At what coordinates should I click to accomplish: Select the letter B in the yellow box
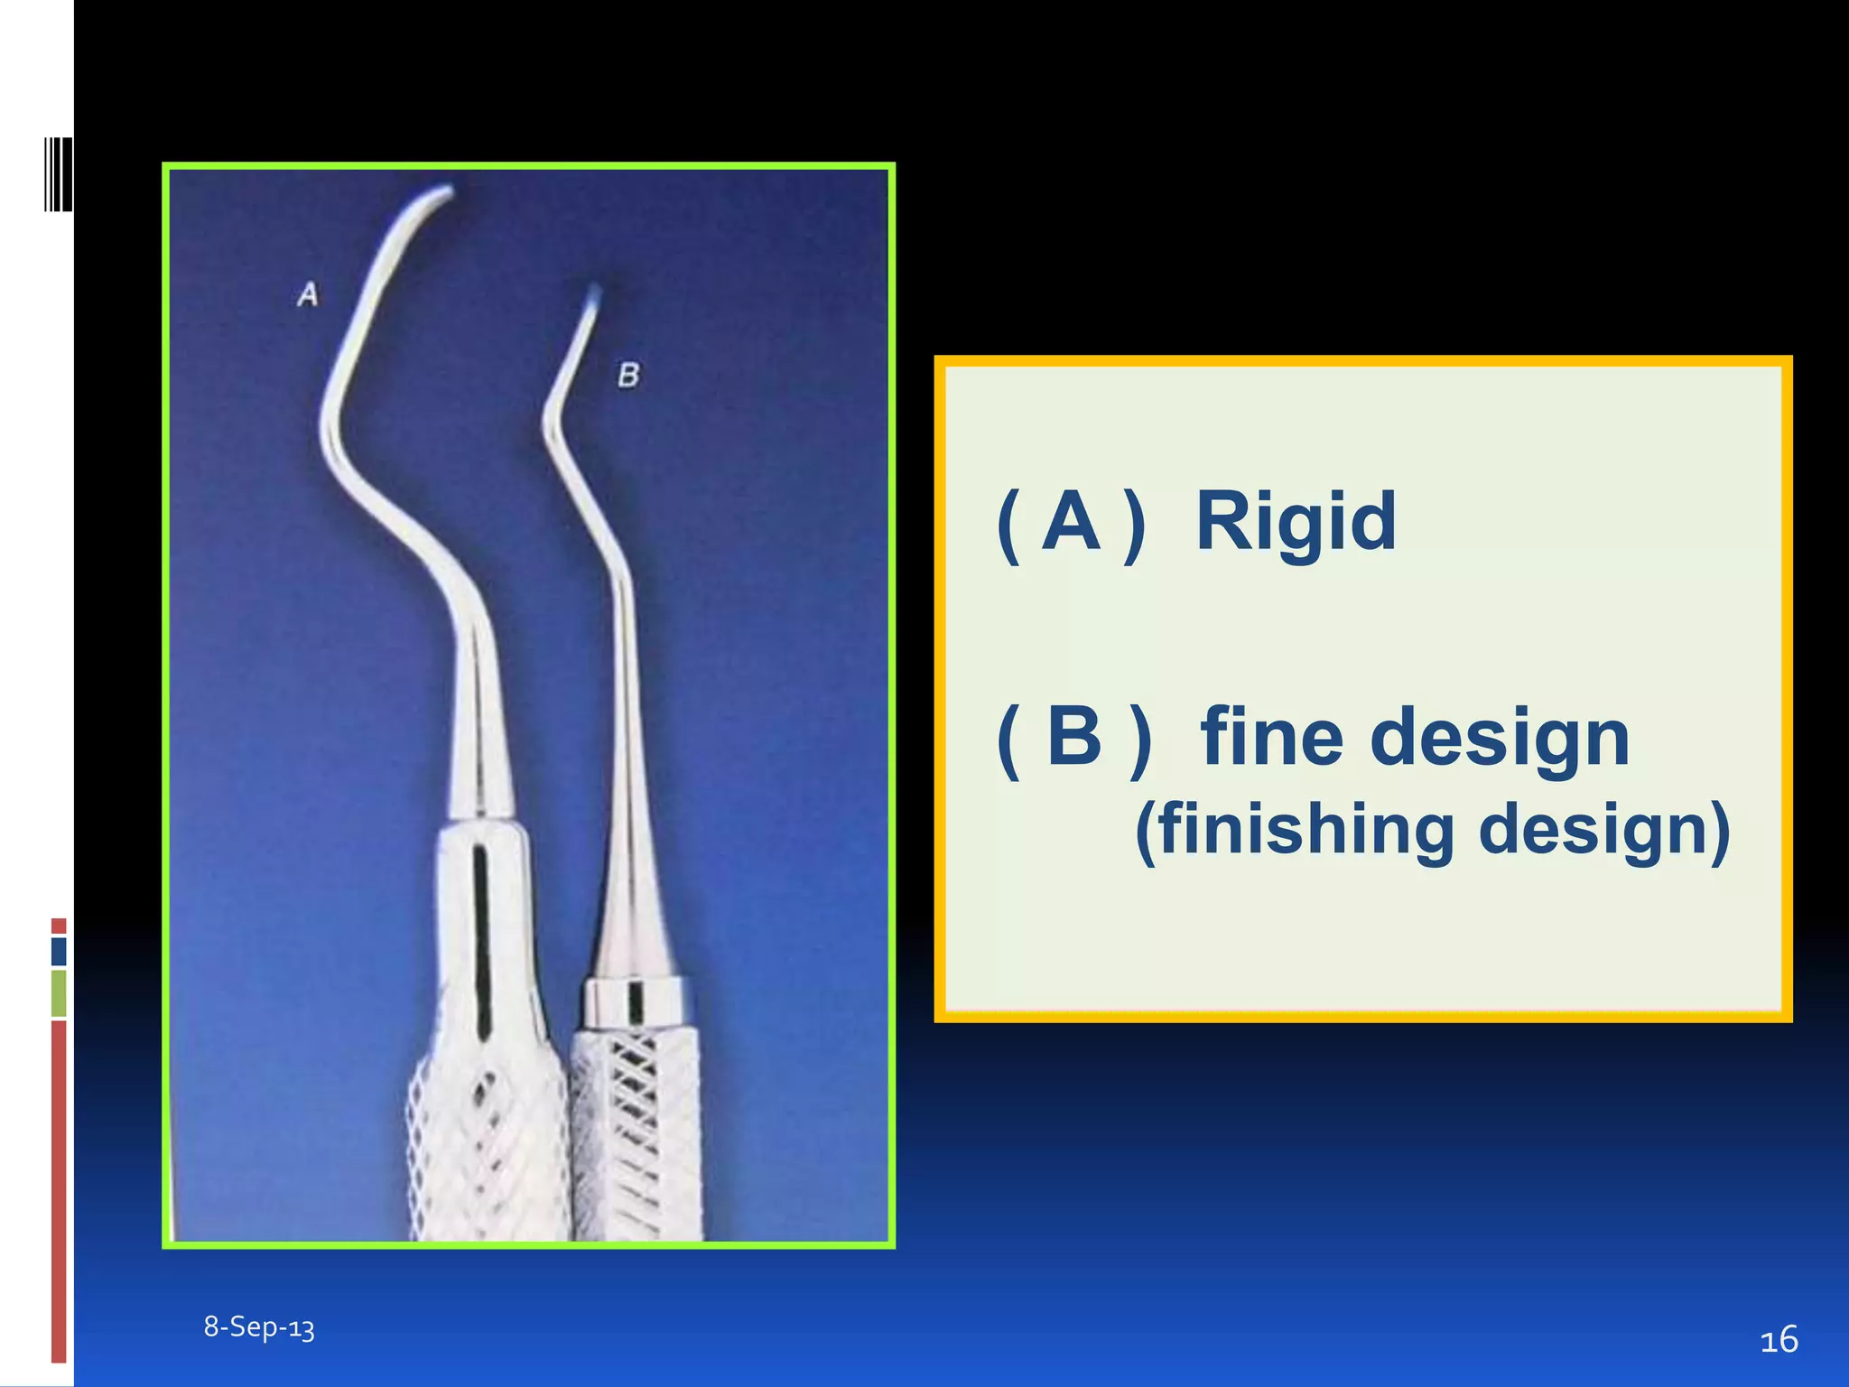coord(1074,737)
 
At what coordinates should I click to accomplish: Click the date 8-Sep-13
coord(259,1326)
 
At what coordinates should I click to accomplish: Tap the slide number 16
coord(1779,1339)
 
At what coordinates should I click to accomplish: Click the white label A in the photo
coord(308,294)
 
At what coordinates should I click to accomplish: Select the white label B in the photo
coord(628,375)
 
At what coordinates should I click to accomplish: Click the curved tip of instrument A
coord(433,196)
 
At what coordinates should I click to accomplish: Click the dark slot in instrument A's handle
coord(481,939)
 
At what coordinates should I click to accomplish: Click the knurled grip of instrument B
coord(636,1138)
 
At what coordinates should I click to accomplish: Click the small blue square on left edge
coord(59,951)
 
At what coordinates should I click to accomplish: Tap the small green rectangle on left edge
coord(59,992)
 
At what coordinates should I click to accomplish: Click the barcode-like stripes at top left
coord(59,174)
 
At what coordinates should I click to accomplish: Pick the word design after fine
coord(1500,737)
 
